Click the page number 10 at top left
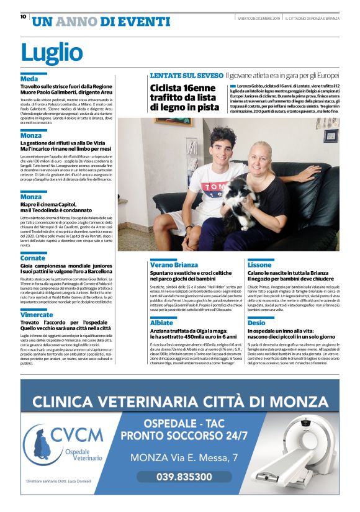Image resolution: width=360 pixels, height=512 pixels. coord(23,17)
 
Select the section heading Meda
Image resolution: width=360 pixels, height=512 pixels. coord(29,79)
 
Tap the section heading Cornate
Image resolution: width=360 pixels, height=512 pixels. coord(33,258)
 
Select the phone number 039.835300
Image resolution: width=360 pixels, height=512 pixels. coord(184,476)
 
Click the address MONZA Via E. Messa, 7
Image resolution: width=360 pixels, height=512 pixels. coord(184,457)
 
